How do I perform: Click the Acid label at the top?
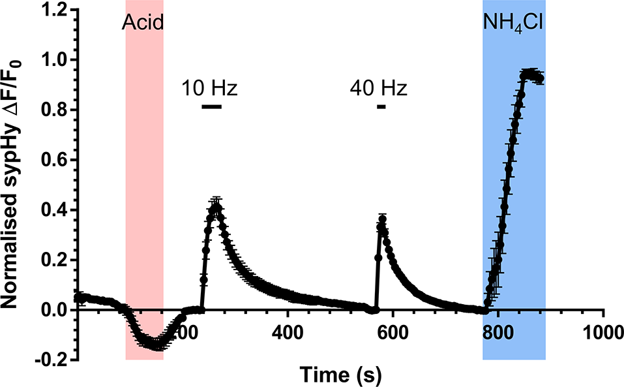point(142,25)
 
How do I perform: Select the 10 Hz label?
point(209,87)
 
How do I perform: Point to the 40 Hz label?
point(378,87)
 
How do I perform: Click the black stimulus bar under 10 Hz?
point(212,106)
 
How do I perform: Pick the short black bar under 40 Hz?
point(381,106)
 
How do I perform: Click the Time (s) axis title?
point(340,374)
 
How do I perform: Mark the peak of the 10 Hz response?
point(216,208)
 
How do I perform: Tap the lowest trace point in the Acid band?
point(156,344)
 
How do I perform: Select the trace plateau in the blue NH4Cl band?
point(533,76)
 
